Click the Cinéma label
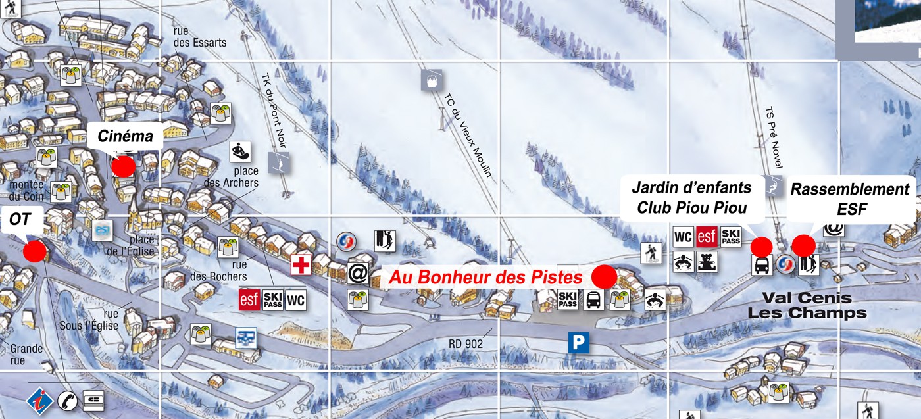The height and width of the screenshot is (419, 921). [x=125, y=137]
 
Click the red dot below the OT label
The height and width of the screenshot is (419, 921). [x=34, y=251]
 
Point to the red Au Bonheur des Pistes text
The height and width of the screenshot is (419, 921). [x=485, y=278]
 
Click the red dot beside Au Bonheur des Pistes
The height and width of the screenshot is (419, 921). [x=604, y=276]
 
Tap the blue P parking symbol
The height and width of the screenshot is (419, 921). [x=578, y=342]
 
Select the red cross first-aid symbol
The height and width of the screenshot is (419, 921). [x=301, y=265]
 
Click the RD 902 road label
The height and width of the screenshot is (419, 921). [x=466, y=343]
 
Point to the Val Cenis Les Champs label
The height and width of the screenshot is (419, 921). [x=807, y=306]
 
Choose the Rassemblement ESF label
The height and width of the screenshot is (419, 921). [x=849, y=199]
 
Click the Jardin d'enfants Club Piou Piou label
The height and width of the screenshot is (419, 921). [x=691, y=197]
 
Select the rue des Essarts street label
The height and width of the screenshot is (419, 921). [x=199, y=37]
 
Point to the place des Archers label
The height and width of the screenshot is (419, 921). [x=231, y=177]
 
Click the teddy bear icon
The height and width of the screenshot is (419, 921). [x=707, y=261]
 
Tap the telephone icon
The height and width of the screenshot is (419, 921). [x=67, y=400]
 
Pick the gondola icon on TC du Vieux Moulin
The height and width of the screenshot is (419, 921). [x=431, y=80]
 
